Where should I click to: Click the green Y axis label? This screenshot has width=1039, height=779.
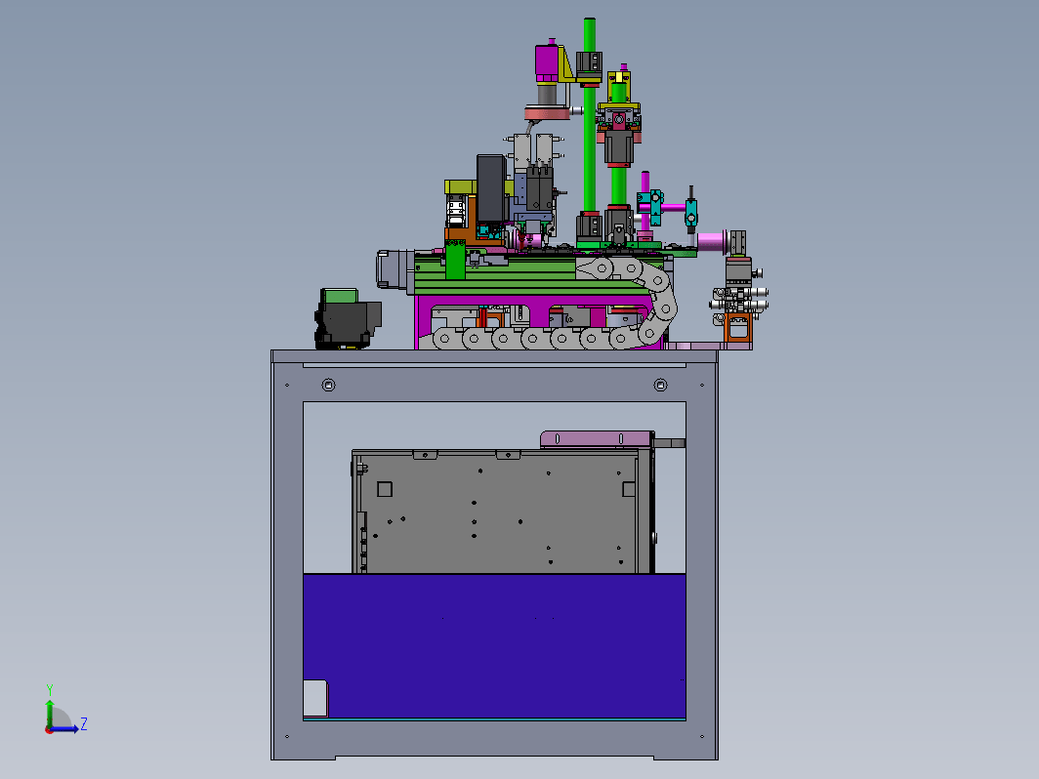click(x=49, y=689)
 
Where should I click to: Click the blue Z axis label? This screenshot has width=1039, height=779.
click(x=84, y=723)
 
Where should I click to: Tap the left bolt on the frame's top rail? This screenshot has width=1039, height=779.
click(x=328, y=385)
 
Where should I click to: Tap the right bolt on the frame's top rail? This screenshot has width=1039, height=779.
click(x=660, y=385)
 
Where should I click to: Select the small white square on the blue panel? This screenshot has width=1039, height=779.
click(x=314, y=698)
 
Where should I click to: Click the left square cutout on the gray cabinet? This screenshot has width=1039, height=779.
click(x=385, y=489)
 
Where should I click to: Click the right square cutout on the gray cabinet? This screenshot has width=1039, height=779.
click(x=629, y=489)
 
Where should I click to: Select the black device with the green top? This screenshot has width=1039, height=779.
click(x=347, y=318)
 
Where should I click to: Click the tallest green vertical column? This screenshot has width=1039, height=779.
click(x=589, y=119)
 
